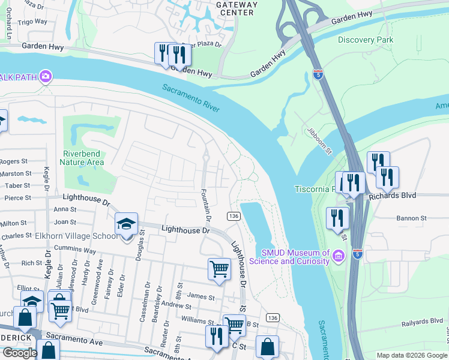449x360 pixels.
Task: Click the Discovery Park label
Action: click(365, 40)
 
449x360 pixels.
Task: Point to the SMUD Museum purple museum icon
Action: click(339, 257)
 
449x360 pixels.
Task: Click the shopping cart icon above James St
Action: click(220, 269)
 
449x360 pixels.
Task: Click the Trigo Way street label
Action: click(32, 22)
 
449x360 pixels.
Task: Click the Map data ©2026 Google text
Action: click(412, 355)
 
